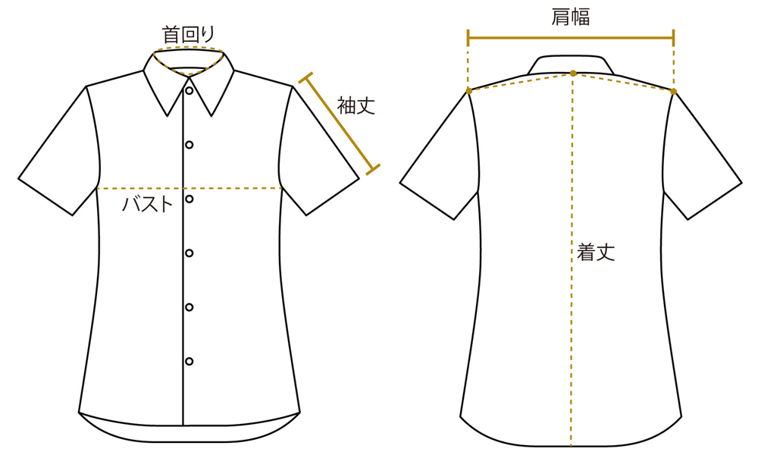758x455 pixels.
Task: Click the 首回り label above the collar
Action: pos(187,35)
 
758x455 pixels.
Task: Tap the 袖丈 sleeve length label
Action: pos(356,105)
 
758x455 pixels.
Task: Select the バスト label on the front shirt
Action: pos(148,204)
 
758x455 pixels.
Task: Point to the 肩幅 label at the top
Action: pos(571,17)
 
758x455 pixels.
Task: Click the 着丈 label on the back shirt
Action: pos(596,252)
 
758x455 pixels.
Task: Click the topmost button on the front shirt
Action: pos(189,90)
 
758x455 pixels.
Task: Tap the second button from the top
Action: pos(189,145)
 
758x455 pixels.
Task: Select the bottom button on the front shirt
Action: pos(189,361)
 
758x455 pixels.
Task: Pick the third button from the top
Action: pos(189,199)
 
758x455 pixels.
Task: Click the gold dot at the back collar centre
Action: pos(573,73)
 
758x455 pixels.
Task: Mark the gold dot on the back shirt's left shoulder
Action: pos(469,90)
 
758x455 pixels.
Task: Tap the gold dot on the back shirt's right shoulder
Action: pos(674,91)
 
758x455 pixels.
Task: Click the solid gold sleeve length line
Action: pos(340,124)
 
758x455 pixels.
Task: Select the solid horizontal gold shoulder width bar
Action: pos(571,38)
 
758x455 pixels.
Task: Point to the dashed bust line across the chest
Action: pos(189,188)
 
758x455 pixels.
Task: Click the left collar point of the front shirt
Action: pos(168,116)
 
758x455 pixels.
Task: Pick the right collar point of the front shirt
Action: pos(211,116)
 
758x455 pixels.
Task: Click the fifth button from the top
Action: pos(189,307)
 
